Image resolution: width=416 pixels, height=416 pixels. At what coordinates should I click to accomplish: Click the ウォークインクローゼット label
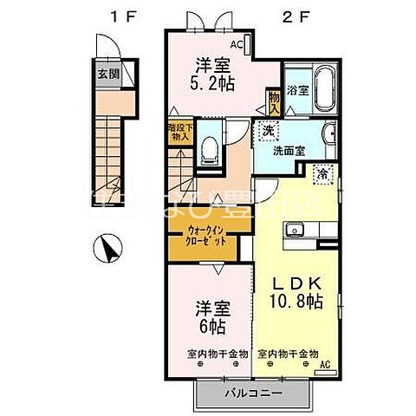[208, 237]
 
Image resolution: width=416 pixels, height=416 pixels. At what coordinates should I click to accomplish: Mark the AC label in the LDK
[324, 365]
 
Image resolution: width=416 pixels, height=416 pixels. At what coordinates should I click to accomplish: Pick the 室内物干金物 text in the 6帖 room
[217, 354]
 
